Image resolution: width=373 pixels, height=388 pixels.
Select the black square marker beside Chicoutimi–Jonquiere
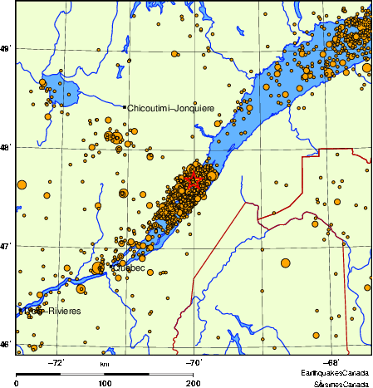(125, 107)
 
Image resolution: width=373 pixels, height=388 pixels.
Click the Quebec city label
(130, 268)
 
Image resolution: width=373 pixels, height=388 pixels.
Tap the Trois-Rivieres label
(53, 311)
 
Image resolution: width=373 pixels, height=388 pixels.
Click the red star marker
(194, 179)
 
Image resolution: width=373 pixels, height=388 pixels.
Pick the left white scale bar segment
(82, 374)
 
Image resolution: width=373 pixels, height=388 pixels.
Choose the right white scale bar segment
(170, 374)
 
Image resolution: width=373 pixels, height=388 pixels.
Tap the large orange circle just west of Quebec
(99, 268)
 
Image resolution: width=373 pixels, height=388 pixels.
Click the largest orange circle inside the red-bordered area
(286, 263)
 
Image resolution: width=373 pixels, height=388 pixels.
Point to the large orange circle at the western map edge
(22, 184)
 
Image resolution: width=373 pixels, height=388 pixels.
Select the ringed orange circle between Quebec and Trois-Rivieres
(81, 289)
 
